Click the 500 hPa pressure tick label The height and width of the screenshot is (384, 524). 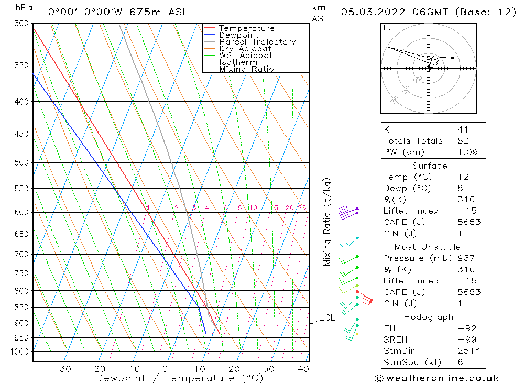22,162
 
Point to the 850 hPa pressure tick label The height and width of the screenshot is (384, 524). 22,307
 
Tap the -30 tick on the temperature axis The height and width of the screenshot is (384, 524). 62,369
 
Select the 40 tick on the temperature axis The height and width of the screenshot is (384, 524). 303,369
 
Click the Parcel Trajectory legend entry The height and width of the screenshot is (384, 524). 257,42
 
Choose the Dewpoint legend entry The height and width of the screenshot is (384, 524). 238,35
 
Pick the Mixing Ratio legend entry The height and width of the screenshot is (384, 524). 246,69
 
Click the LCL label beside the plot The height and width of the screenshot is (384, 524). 326,317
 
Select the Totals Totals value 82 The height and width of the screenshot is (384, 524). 463,140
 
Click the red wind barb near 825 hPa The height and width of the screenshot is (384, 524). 366,300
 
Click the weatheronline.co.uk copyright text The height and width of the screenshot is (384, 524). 436,378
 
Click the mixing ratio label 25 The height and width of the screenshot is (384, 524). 302,208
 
